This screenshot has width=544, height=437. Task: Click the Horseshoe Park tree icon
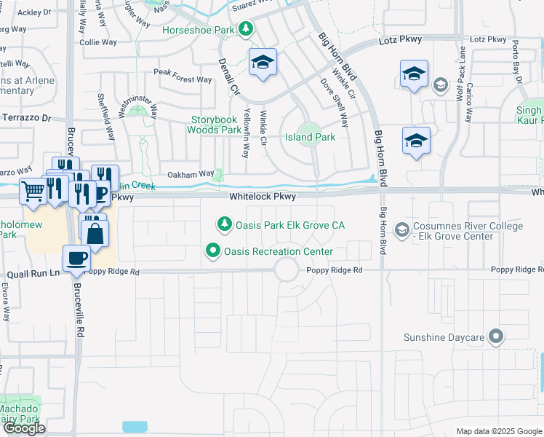(x=247, y=28)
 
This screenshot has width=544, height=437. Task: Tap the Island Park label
(x=310, y=137)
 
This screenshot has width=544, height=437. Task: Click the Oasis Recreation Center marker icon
(x=214, y=251)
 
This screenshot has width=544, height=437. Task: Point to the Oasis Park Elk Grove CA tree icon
(x=225, y=224)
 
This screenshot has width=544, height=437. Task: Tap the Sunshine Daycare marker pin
(x=497, y=337)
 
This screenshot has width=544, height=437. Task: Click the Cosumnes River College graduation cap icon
(x=401, y=231)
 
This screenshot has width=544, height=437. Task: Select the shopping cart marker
(x=33, y=192)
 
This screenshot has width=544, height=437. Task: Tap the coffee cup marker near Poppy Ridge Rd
(x=76, y=258)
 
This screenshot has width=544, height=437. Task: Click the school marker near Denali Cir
(x=262, y=62)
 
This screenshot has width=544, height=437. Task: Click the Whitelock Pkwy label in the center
(x=263, y=197)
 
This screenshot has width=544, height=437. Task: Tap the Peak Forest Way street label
(x=183, y=72)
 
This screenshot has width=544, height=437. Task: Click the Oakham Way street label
(x=191, y=174)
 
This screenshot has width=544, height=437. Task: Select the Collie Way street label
(x=98, y=43)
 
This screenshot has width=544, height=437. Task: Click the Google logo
(x=24, y=428)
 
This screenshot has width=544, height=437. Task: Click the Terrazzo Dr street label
(x=27, y=117)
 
